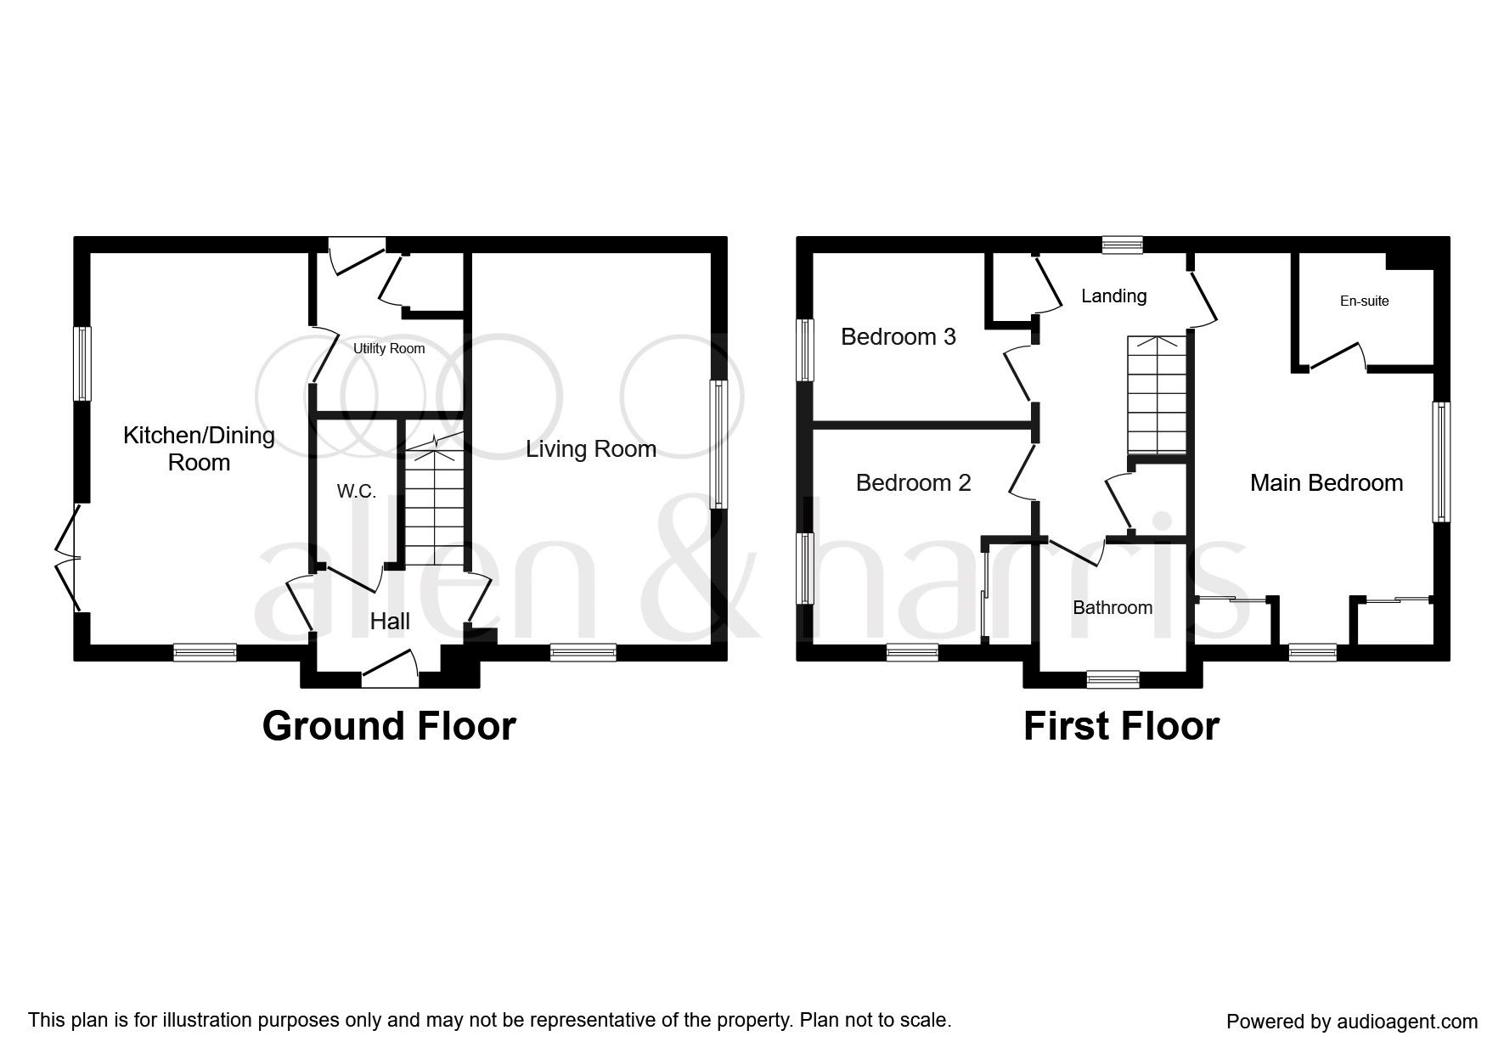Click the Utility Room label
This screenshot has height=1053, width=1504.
pos(389,349)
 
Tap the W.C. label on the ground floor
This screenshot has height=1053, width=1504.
pos(356,491)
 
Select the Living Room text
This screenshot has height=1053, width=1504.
pos(591,448)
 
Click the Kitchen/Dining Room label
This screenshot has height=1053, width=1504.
pos(199,448)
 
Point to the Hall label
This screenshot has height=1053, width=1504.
pos(390,621)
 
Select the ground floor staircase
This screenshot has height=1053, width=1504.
pos(433,506)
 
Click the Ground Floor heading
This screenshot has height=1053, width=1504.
pos(389,726)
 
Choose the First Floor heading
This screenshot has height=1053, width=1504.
pos(1121,726)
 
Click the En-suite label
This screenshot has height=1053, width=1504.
pos(1364,301)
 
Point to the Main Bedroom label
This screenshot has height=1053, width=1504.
pos(1326,482)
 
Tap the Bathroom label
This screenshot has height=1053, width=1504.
pos(1112,607)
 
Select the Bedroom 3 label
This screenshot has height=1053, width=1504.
pos(898,336)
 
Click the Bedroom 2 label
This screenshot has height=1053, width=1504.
pos(913,482)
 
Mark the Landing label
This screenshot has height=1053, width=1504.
pos(1113,296)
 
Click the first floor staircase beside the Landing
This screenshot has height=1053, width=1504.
pos(1156,395)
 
